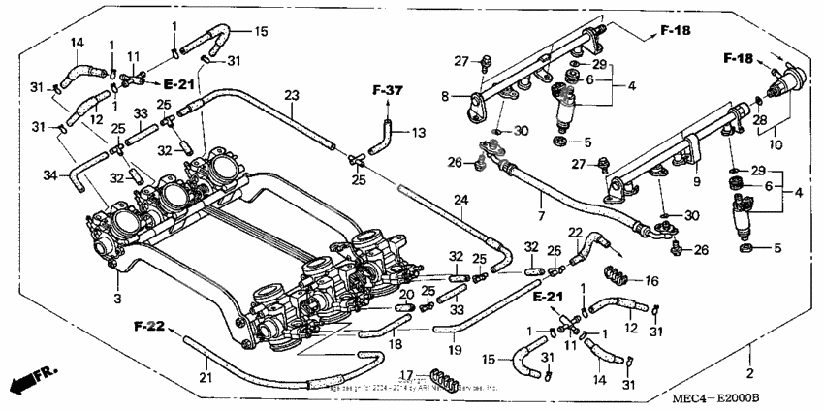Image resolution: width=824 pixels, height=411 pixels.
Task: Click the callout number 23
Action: click(x=291, y=95)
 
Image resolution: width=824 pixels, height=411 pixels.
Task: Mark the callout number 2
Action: click(x=748, y=372)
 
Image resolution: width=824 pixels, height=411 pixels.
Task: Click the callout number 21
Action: click(x=205, y=375)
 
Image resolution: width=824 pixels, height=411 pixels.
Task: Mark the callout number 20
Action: click(x=407, y=294)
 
